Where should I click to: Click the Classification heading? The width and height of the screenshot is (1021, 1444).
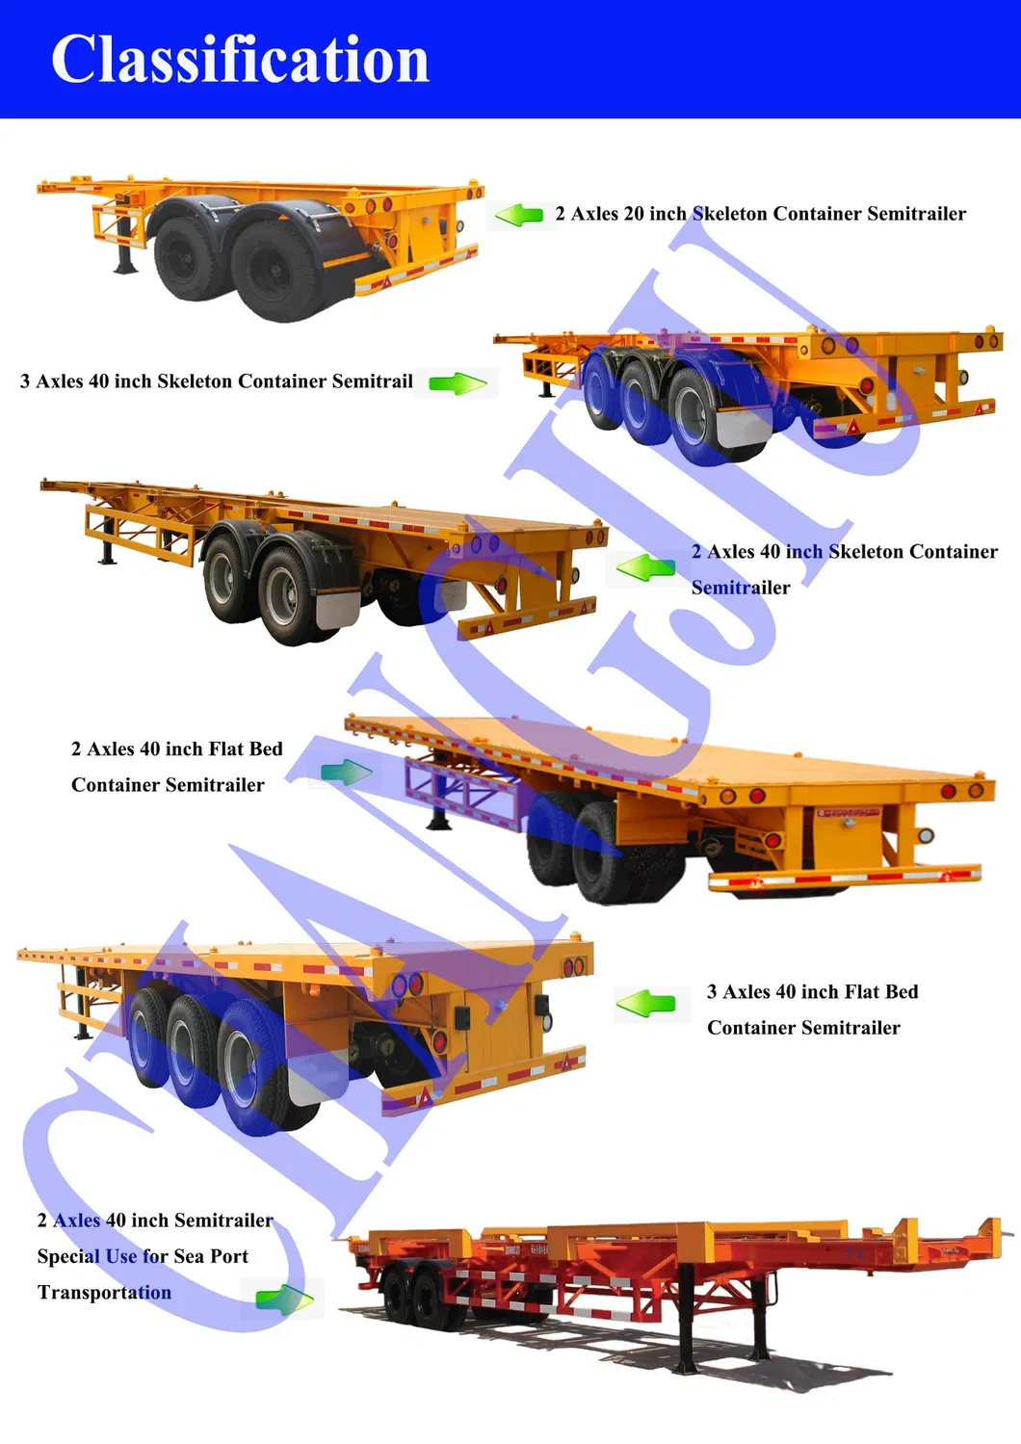pyautogui.click(x=240, y=60)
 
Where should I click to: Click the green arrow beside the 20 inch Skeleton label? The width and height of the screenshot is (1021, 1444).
pyautogui.click(x=520, y=215)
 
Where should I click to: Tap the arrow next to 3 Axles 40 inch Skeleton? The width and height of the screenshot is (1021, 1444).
pyautogui.click(x=458, y=383)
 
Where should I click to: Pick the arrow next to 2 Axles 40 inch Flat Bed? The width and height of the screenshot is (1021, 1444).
pyautogui.click(x=346, y=772)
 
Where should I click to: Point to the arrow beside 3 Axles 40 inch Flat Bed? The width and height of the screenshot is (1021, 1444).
pyautogui.click(x=645, y=1004)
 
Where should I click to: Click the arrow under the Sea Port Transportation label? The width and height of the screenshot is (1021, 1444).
pyautogui.click(x=285, y=1300)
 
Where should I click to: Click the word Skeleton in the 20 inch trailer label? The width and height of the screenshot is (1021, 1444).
pyautogui.click(x=730, y=214)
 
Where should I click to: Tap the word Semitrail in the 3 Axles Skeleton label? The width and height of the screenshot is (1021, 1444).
pyautogui.click(x=372, y=381)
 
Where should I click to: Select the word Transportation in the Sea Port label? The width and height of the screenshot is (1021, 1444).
pyautogui.click(x=104, y=1293)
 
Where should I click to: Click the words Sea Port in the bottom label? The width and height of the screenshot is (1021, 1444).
pyautogui.click(x=211, y=1256)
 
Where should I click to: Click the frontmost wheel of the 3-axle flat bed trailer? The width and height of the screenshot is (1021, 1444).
pyautogui.click(x=252, y=1080)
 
